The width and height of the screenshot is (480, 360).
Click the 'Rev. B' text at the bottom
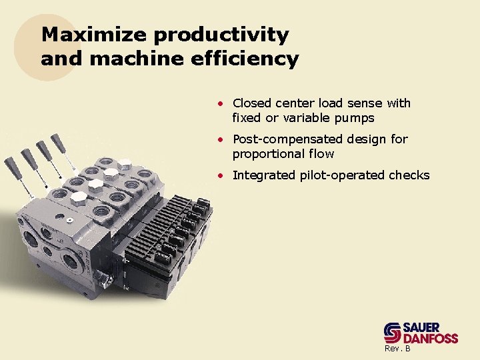click(397, 349)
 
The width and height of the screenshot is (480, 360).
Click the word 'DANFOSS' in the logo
click(431, 338)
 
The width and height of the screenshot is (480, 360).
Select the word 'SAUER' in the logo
click(421, 327)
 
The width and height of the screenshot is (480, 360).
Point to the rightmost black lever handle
click(57, 141)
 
